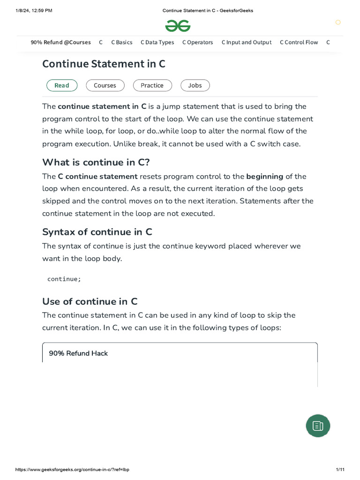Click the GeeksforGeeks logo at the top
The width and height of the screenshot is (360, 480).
178,26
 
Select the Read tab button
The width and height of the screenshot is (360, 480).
61,85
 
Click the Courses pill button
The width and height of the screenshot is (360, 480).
105,85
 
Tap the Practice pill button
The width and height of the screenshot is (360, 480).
152,85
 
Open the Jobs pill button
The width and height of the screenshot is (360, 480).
195,85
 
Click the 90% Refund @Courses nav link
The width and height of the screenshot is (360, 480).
61,42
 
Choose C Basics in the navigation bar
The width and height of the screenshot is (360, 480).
122,42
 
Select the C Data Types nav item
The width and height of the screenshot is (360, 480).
157,42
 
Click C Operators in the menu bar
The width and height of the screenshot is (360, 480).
197,42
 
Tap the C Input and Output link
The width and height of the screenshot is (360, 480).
246,42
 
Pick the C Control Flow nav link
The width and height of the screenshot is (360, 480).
299,42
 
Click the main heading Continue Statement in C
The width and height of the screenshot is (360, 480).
104,64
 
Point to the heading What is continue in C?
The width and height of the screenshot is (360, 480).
96,162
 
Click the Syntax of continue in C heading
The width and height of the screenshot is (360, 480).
97,232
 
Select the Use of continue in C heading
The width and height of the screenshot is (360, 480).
90,301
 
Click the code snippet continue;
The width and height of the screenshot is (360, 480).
64,279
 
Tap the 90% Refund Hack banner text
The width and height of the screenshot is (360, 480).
78,353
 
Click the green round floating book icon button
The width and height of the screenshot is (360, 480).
318,426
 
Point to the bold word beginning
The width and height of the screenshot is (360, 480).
265,177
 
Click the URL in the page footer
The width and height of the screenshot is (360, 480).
72,470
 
